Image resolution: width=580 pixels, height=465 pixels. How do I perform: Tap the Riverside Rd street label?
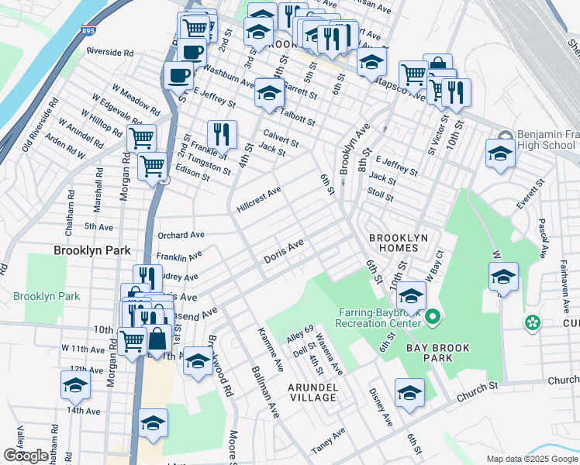pyautogui.click(x=110, y=53)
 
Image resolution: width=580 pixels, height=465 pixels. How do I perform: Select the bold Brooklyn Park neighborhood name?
pyautogui.click(x=91, y=250)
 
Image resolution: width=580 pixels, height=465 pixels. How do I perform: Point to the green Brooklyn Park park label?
pyautogui.click(x=47, y=296)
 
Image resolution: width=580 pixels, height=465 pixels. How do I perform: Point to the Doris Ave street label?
pyautogui.click(x=283, y=250)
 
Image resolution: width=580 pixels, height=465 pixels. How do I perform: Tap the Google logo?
pyautogui.click(x=26, y=456)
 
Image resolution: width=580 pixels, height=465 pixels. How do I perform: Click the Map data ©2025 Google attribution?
pyautogui.click(x=532, y=459)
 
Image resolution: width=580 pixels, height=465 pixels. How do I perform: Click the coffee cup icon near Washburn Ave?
pyautogui.click(x=179, y=76)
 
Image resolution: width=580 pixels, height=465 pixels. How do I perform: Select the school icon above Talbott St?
pyautogui.click(x=269, y=92)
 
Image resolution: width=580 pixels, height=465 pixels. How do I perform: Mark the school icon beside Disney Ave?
pyautogui.click(x=409, y=392)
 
